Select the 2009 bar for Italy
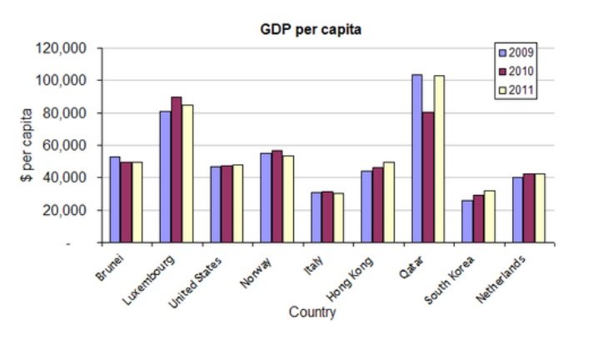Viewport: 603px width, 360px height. pos(316,217)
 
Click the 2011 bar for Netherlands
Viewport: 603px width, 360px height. pos(540,208)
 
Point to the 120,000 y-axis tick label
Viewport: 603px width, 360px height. pos(63,48)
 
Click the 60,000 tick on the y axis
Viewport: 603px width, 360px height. pos(67,146)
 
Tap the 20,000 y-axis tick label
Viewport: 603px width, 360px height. pos(67,211)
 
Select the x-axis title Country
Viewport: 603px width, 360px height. pos(312,312)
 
